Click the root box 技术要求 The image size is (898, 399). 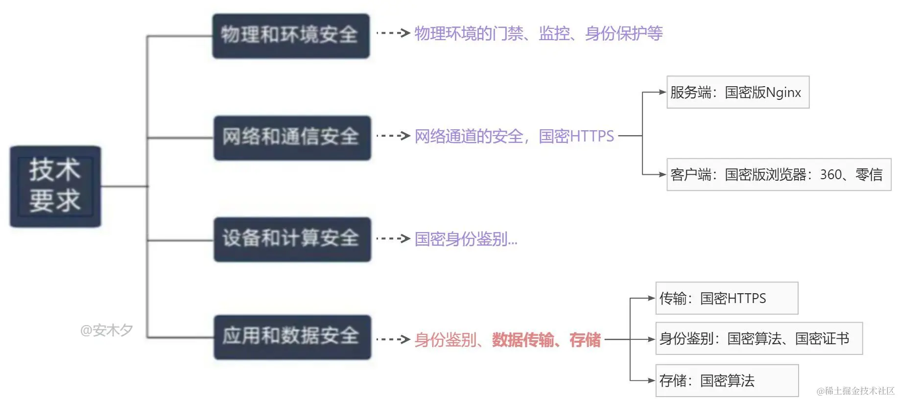pos(55,186)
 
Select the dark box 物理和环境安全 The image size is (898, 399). pos(290,36)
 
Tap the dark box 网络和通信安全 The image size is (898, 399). pos(292,138)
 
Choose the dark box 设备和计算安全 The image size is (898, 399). pos(292,239)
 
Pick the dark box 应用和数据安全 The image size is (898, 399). pos(292,337)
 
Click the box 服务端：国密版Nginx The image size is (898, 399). pos(737,92)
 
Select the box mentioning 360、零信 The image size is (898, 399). pos(778,174)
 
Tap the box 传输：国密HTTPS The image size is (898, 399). pos(727,298)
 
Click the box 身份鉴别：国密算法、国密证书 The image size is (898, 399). pos(758,338)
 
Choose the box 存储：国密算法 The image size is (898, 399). pos(727,380)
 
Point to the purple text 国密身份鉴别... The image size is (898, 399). pos(465,239)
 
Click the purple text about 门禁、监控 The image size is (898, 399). pos(538,33)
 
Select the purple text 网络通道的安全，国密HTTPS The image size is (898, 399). pos(514,136)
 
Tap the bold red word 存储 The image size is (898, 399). pos(585,339)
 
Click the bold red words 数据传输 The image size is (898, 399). pos(523,339)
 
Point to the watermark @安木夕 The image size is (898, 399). pos(106,330)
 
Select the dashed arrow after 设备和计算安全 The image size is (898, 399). pos(393,239)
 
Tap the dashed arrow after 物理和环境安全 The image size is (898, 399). pos(393,33)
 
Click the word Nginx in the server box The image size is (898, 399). pos(783,93)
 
